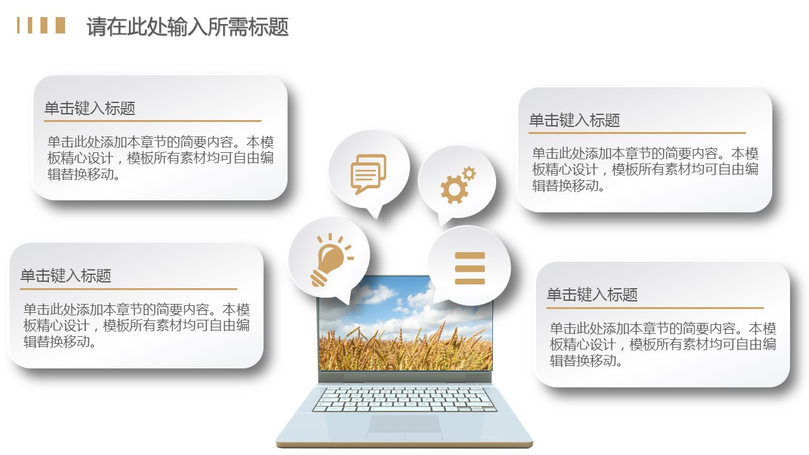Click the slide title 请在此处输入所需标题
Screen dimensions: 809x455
click(x=188, y=27)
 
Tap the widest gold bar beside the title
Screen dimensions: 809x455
click(x=61, y=25)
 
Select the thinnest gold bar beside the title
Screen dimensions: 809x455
click(x=18, y=25)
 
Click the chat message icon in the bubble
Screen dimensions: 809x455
click(x=368, y=174)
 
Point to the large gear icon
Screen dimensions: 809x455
click(x=454, y=189)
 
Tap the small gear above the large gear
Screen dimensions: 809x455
click(x=469, y=173)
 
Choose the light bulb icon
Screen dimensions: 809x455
click(x=331, y=260)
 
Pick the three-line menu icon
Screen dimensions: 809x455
click(x=470, y=269)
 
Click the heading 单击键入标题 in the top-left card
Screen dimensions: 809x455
click(x=90, y=108)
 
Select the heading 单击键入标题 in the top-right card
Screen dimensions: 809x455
click(x=575, y=120)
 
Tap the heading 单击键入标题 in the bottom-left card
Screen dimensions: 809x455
click(x=66, y=276)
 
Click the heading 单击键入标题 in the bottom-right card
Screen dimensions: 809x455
click(x=592, y=294)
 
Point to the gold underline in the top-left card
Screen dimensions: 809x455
click(x=152, y=121)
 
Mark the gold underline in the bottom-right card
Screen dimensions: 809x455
click(x=655, y=308)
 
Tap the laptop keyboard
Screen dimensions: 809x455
click(x=404, y=399)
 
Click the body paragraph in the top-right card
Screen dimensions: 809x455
click(x=645, y=169)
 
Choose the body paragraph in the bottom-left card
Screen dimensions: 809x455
click(x=137, y=325)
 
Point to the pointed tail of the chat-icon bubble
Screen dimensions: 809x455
click(x=376, y=218)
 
